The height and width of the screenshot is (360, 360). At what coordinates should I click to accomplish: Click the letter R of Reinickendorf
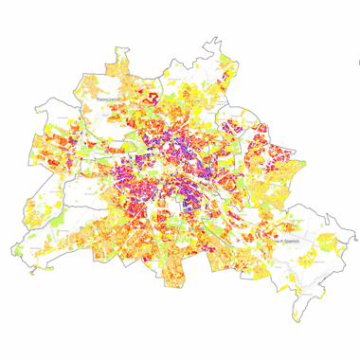click(98, 99)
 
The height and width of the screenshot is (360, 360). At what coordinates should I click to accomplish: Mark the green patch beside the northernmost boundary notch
click(225, 60)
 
